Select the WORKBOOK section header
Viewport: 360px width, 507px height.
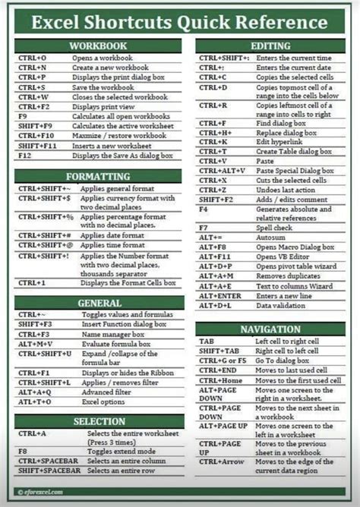98,46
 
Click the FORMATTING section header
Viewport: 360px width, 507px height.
98,176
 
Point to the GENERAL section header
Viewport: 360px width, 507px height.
98,303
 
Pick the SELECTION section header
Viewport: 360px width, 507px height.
98,420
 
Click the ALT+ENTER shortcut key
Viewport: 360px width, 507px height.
219,295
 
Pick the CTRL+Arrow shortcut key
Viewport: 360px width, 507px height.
222,461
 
